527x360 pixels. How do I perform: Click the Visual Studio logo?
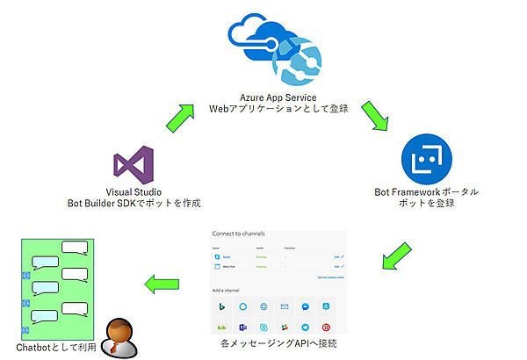point(134,167)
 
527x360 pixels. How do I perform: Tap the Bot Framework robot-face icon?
point(426,158)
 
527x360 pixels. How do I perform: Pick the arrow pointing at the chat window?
point(162,284)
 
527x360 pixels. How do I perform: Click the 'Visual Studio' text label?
point(134,192)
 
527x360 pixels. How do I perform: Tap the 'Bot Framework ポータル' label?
point(427,192)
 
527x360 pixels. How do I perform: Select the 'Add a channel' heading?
point(231,289)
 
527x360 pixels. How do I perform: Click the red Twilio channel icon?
point(325,327)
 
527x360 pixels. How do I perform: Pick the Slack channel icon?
point(285,327)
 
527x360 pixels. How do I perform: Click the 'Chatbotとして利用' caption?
point(53,349)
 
